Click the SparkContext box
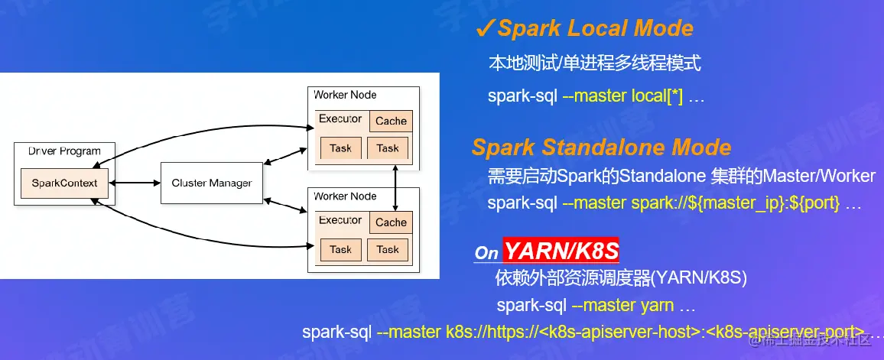click(x=64, y=183)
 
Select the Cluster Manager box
click(x=211, y=183)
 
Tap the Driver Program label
click(x=64, y=151)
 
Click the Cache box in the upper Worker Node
click(x=391, y=121)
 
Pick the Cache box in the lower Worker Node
click(x=391, y=222)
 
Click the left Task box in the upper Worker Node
click(x=340, y=148)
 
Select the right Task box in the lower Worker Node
click(x=388, y=249)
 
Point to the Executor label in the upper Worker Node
click(x=340, y=118)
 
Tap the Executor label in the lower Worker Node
click(x=340, y=220)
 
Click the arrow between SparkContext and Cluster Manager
click(x=135, y=183)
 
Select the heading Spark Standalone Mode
click(x=601, y=147)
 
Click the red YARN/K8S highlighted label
click(x=561, y=251)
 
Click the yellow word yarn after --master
click(x=657, y=306)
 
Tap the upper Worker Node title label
click(x=345, y=95)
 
